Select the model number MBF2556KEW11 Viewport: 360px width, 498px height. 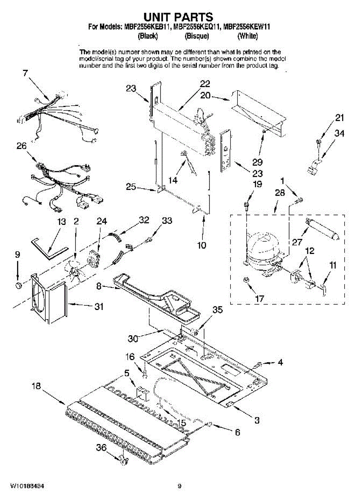pyautogui.click(x=247, y=28)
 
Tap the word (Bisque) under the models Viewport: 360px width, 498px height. pyautogui.click(x=197, y=36)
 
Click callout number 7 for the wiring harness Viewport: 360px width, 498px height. pyautogui.click(x=26, y=73)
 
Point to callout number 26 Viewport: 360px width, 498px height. pyautogui.click(x=22, y=146)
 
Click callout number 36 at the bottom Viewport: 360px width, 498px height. pyautogui.click(x=102, y=448)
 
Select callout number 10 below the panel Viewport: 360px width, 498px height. pyautogui.click(x=202, y=245)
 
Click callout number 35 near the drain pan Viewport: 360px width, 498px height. pyautogui.click(x=217, y=309)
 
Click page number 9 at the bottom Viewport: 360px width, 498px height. pyautogui.click(x=180, y=486)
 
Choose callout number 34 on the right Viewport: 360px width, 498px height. pyautogui.click(x=339, y=134)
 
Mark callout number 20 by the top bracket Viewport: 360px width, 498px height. pyautogui.click(x=205, y=95)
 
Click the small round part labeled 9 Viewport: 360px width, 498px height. pyautogui.click(x=18, y=285)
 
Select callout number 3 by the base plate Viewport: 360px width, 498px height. pyautogui.click(x=257, y=420)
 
